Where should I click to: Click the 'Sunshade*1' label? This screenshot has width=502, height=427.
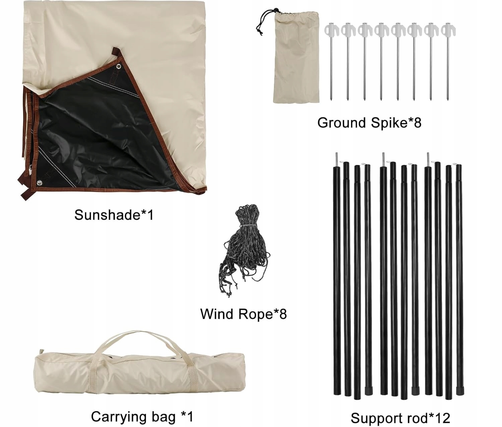114,215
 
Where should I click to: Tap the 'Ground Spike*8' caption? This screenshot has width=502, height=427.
369,123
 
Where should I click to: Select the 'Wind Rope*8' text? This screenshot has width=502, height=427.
243,314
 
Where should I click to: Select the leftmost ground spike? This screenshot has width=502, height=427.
330,64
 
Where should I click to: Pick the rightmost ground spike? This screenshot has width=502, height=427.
447,64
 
